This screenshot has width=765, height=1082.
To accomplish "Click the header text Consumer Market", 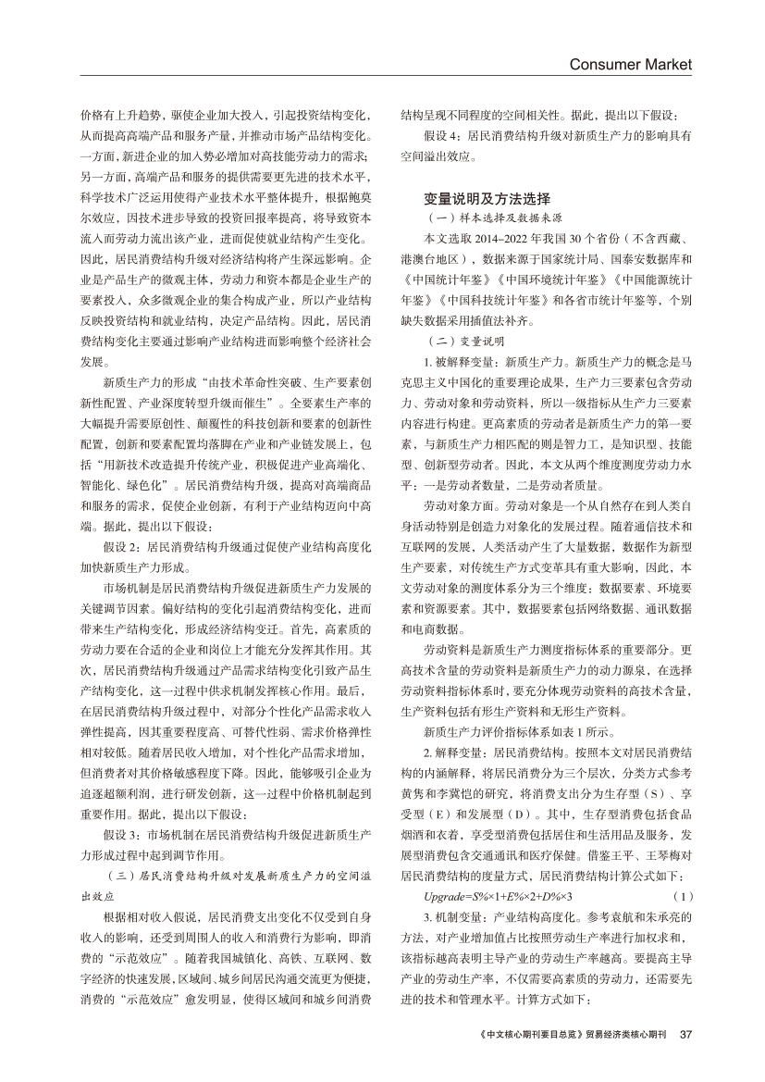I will pos(630,64).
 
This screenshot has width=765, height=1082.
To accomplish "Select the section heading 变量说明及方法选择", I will pos(487,198).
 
